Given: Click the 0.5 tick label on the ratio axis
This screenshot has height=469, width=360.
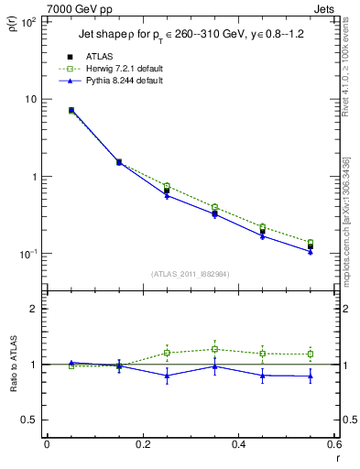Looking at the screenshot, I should (30, 420).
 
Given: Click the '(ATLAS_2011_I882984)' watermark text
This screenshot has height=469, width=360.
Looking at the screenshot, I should (190, 273).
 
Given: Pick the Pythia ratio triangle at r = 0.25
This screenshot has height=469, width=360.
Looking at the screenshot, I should (167, 376).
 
